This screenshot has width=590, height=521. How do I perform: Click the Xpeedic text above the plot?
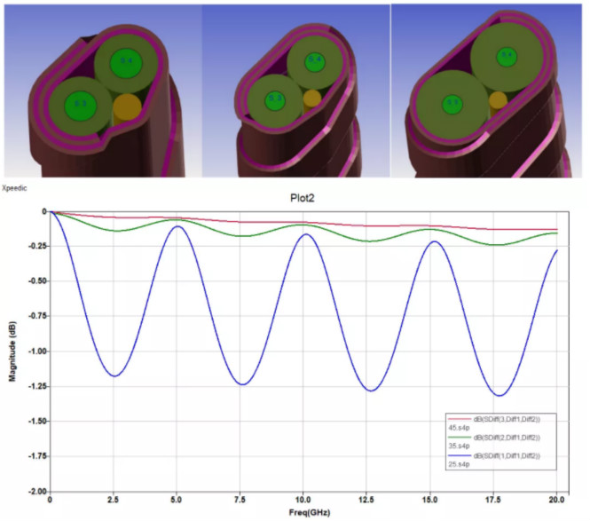pos(17,189)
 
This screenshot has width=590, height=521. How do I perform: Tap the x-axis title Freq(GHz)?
pos(303,512)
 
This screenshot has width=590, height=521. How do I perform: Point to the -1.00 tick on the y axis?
pos(34,351)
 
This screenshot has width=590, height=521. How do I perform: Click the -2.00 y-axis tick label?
pos(34,491)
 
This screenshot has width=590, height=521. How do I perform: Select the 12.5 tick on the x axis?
pos(367,500)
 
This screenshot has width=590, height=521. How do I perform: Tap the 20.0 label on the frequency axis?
pos(557,500)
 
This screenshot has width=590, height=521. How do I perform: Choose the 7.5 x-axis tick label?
pos(240,500)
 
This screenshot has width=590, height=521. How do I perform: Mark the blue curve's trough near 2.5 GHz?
pos(114,376)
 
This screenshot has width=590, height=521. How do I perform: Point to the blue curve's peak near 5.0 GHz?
pos(177,226)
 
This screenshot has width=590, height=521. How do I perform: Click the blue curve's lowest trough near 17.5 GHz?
pos(500,396)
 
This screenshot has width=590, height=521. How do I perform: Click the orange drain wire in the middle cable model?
pos(312,98)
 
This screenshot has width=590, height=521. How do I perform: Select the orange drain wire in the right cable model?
pos(499,100)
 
